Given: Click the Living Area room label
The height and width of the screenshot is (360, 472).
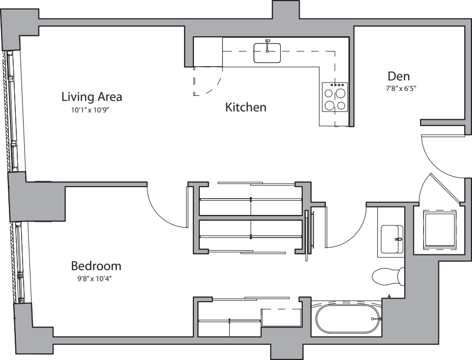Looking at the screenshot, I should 91,97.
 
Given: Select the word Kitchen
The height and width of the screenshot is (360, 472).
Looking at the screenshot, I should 245,108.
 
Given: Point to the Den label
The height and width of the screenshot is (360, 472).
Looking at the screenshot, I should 398,76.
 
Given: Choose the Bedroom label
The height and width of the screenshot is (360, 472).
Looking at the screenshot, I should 96,266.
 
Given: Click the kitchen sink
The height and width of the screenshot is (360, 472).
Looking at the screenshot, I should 267,53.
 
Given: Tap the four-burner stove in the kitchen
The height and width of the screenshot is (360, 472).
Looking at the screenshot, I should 335,98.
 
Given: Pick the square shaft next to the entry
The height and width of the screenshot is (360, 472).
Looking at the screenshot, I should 439,229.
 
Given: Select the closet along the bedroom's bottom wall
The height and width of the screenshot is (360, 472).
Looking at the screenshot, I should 247,317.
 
